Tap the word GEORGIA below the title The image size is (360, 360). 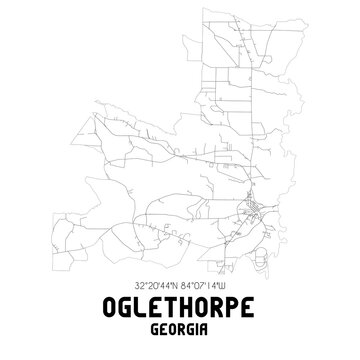tap(180, 334)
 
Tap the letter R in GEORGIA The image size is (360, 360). tap(183, 334)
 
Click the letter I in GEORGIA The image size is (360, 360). tap(201, 334)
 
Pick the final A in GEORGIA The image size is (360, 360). tap(209, 334)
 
